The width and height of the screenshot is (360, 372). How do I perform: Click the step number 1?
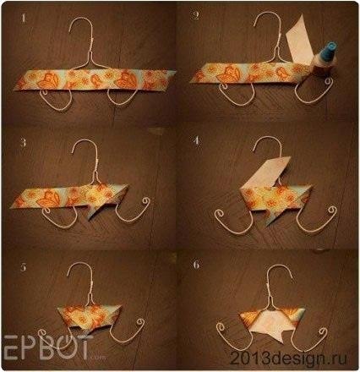[24, 19]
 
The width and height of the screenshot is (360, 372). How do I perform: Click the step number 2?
[194, 16]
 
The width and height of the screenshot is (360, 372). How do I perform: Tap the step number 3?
[23, 143]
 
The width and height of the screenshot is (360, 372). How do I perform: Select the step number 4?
[197, 140]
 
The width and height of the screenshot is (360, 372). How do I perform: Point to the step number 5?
[23, 267]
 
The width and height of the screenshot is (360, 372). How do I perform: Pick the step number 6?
[196, 265]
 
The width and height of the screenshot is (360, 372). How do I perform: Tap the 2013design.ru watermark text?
[288, 358]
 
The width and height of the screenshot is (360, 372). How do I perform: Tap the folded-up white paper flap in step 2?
[299, 41]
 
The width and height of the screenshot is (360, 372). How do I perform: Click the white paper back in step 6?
[270, 324]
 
